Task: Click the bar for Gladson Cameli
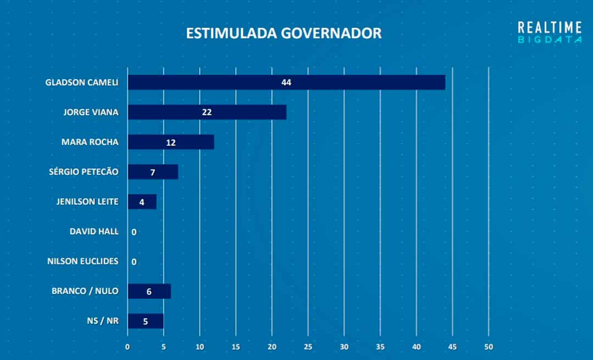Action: point(286,82)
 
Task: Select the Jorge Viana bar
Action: point(207,112)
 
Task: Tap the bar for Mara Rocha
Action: point(171,142)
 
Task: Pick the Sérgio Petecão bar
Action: point(153,172)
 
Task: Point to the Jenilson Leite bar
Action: point(142,201)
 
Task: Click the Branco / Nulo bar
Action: point(149,291)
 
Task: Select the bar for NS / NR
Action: point(146,321)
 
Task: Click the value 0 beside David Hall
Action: point(134,232)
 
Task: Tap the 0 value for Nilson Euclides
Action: point(134,262)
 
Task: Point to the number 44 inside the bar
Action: point(286,82)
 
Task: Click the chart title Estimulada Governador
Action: point(283,33)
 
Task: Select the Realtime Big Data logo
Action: point(550,32)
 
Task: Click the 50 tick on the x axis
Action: point(489,347)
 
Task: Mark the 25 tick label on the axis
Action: point(308,347)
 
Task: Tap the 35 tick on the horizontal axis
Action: point(381,347)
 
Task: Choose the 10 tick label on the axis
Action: point(200,347)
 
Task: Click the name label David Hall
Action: point(94,232)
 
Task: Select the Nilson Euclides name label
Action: point(83,261)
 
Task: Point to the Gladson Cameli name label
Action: point(82,83)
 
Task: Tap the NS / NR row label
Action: point(102,320)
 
